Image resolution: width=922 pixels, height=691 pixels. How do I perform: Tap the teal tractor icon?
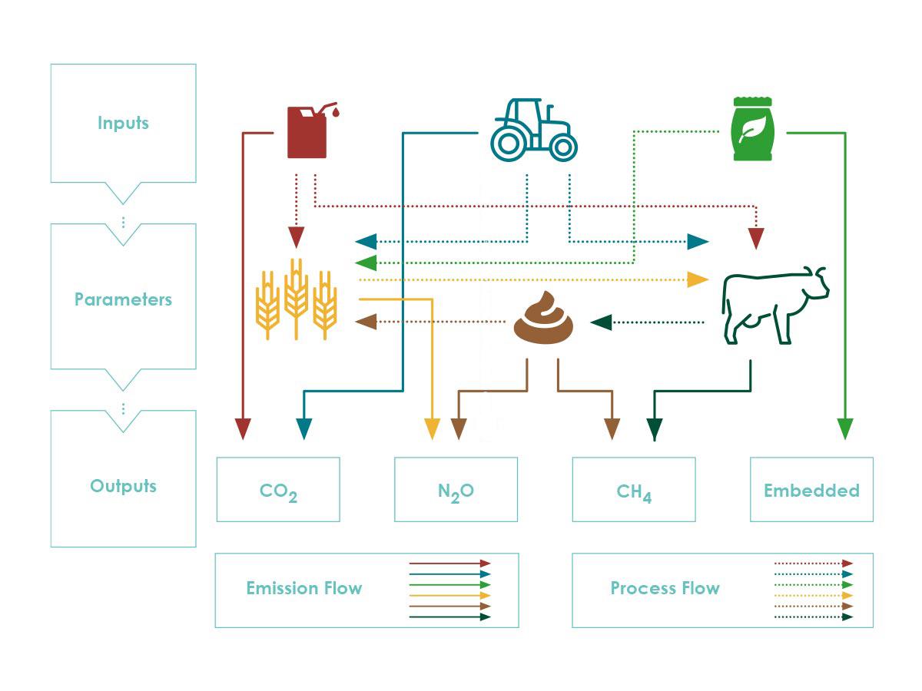pos(533,130)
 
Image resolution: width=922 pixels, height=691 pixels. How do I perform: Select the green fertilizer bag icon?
pos(752,129)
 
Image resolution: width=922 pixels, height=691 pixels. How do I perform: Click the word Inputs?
pos(123,124)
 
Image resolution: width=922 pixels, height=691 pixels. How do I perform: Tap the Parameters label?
pos(123,299)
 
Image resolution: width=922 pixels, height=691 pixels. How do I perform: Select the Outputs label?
pos(123,486)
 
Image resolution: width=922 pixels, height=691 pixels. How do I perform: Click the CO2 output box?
pos(278,489)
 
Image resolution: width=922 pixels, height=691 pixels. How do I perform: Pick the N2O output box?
pos(456,489)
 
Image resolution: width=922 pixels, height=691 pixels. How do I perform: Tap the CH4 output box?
pos(634,489)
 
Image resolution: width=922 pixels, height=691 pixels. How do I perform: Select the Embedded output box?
pos(811,489)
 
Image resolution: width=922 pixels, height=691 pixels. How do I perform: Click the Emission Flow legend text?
pos(304,588)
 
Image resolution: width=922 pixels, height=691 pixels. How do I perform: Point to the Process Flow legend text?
pos(665,588)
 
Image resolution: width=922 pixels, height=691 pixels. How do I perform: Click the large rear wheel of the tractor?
pos(508,144)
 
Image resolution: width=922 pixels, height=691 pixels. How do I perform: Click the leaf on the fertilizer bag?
pos(752,128)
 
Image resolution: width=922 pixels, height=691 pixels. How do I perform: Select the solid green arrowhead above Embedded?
pos(845,428)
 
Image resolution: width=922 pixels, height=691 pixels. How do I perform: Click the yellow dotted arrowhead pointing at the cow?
pos(698,279)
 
